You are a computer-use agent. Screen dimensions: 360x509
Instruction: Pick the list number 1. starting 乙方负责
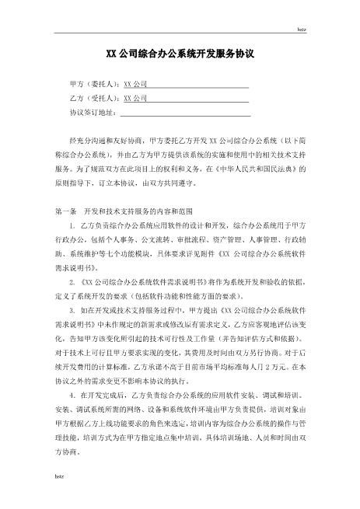tap(72, 225)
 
